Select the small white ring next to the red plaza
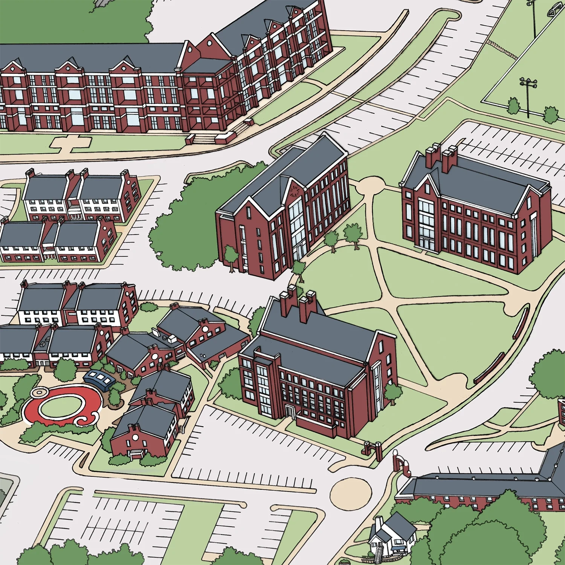38,392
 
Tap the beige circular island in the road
351,493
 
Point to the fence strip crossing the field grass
502,49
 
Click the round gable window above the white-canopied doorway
134,437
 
